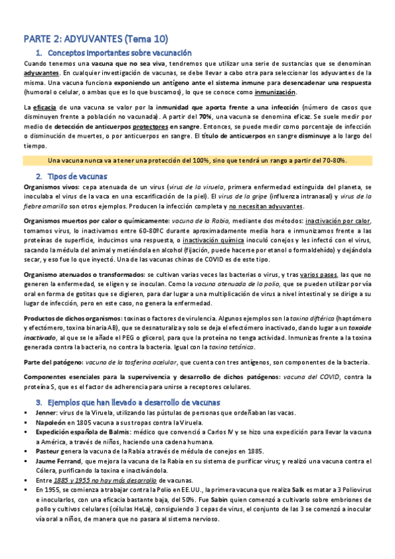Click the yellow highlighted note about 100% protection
[x=198, y=161]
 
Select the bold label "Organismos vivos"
[x=48, y=189]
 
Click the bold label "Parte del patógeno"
[x=51, y=362]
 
